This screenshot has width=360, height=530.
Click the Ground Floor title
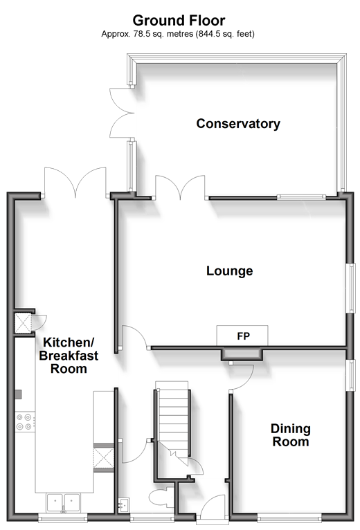179,21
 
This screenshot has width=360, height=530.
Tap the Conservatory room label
238,124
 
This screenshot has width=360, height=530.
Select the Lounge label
230,271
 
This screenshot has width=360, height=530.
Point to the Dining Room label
291,435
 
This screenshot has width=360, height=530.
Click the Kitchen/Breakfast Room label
69,356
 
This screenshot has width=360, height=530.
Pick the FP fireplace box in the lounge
242,336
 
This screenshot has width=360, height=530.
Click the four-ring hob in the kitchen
25,421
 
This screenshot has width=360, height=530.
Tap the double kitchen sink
63,502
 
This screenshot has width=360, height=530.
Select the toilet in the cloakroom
161,498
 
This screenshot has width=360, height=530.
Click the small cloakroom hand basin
123,504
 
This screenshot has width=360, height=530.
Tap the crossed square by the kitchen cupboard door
23,323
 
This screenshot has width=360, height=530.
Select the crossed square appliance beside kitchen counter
104,457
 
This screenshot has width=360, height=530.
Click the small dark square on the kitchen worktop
18,394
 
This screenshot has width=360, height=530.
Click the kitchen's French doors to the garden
75,182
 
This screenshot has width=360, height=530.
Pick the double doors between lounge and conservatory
180,187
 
